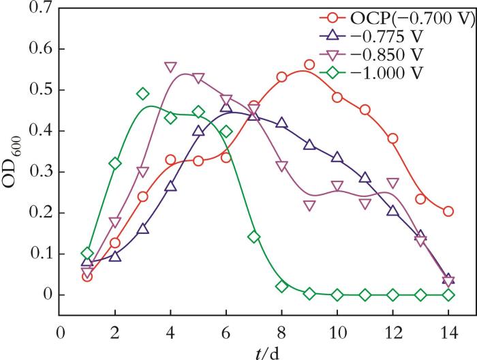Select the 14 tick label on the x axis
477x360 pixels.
(x=448, y=335)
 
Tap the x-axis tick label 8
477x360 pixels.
(x=281, y=335)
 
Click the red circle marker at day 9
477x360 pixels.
(x=309, y=65)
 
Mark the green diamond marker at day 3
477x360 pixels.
(x=143, y=93)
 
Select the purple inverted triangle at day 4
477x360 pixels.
(x=170, y=67)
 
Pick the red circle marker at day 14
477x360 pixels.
(x=448, y=211)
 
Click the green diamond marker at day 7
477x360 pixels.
(x=253, y=237)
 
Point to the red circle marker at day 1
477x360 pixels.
(x=87, y=276)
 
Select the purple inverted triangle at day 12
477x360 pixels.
(x=393, y=183)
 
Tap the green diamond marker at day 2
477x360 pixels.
(x=115, y=164)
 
